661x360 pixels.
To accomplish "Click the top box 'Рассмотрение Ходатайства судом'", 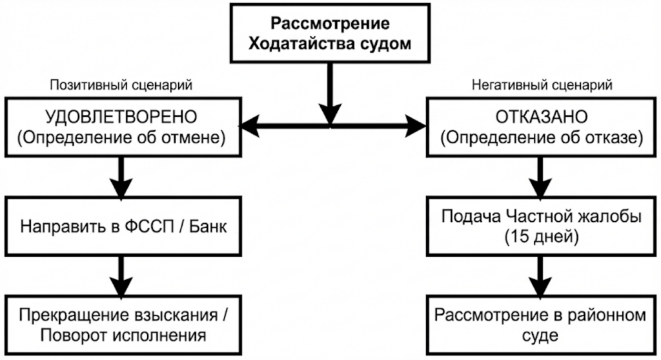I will coord(330,34).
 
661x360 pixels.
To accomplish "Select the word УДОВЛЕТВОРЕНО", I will coord(121,117).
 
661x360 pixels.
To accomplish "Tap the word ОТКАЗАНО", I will coord(541,117).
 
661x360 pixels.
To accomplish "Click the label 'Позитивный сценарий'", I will coord(121,85).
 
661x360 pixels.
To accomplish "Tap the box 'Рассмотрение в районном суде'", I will coord(541,326).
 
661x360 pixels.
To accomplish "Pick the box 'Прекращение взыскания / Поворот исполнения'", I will coord(121,326).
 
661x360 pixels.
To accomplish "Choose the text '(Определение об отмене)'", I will coord(121,137).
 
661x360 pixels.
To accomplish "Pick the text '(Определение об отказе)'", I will coord(541,137).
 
